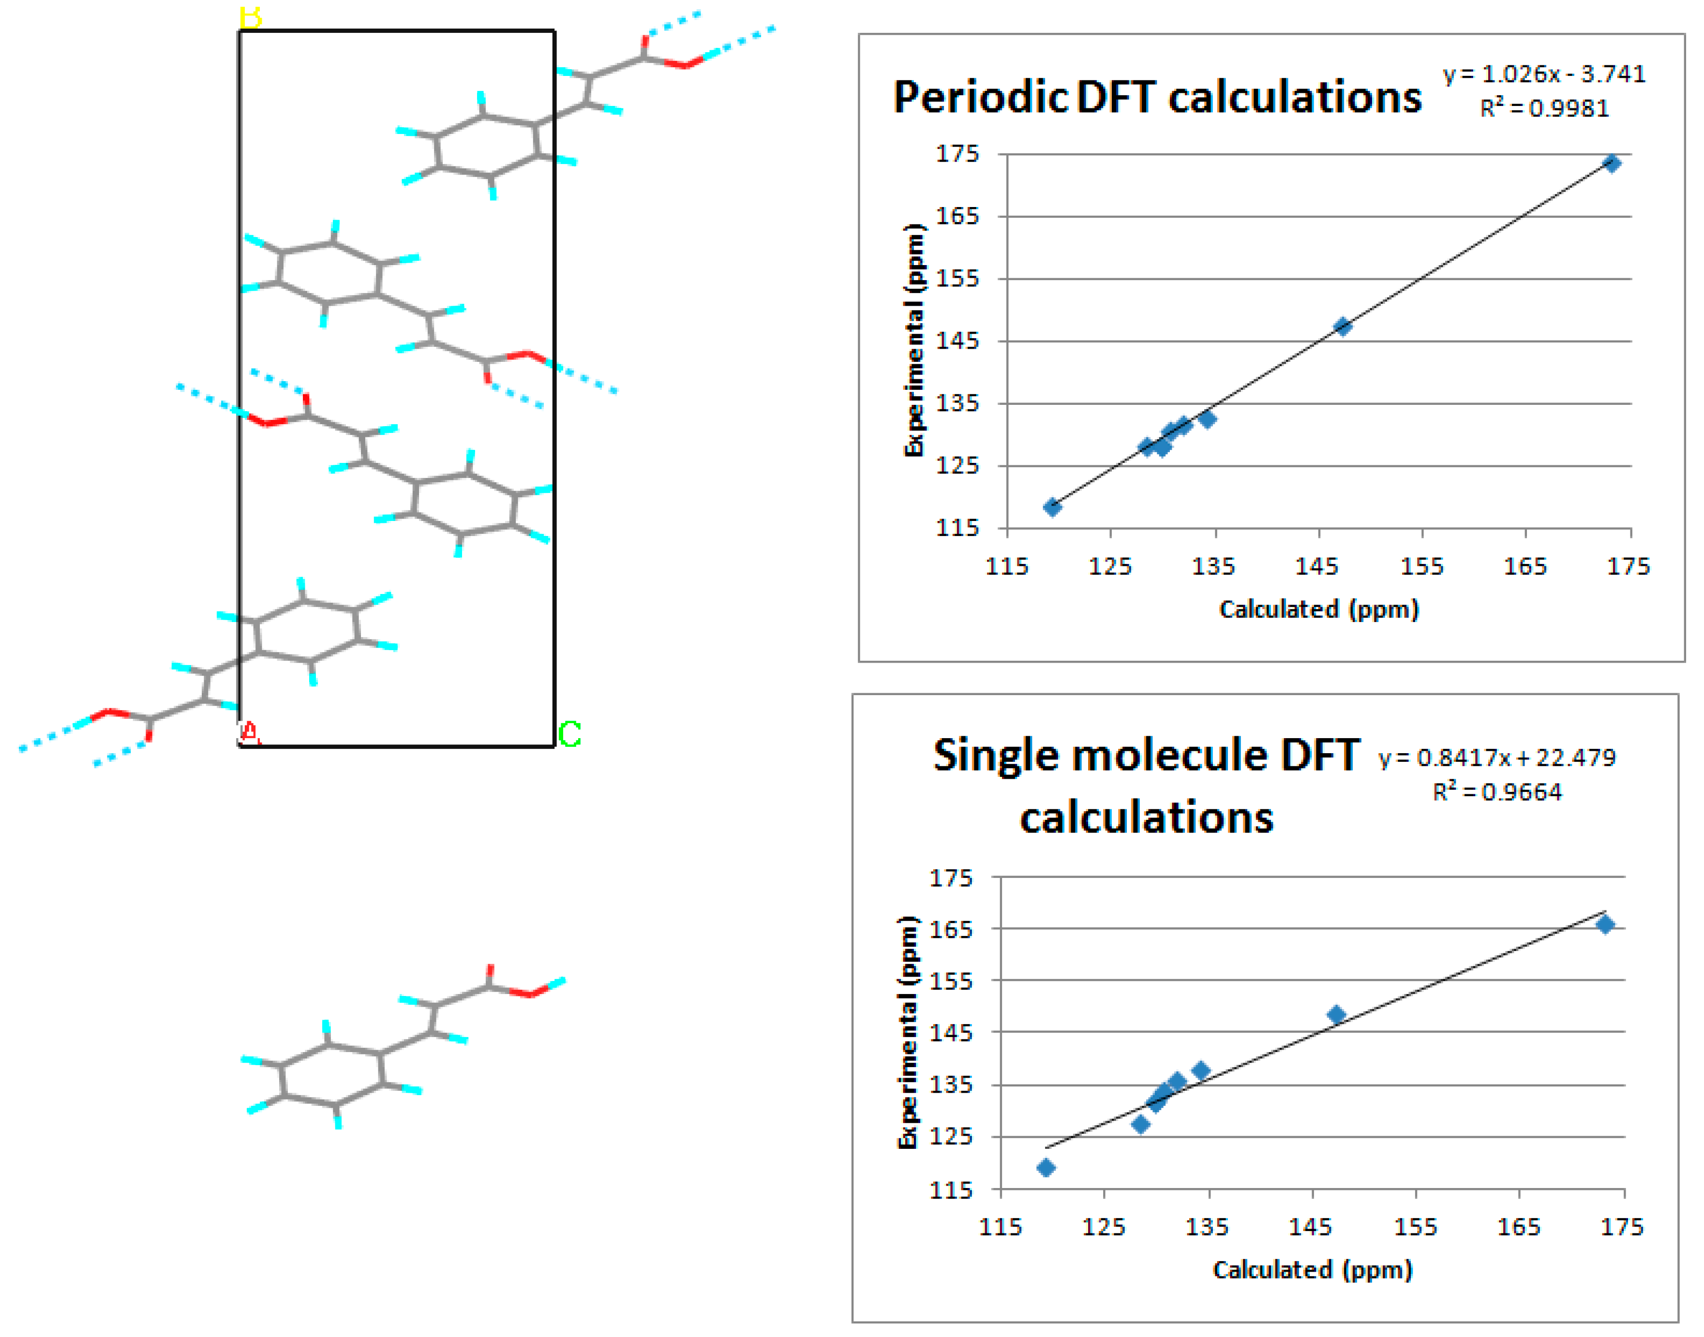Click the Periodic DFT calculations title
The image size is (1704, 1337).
1157,98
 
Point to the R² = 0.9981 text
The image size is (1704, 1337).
1543,108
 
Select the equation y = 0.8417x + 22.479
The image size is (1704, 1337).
1496,758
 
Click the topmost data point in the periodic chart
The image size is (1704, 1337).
1611,163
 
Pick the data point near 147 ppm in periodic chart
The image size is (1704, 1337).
1343,327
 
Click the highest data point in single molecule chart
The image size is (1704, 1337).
1605,924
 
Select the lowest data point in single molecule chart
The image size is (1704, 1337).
1046,1168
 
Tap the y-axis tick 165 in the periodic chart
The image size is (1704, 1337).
957,216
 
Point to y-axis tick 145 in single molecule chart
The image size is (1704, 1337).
950,1032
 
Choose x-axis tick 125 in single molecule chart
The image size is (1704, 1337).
1103,1227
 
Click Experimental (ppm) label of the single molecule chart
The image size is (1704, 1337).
908,1032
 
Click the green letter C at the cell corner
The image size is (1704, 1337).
569,733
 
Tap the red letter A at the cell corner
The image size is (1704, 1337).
249,733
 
